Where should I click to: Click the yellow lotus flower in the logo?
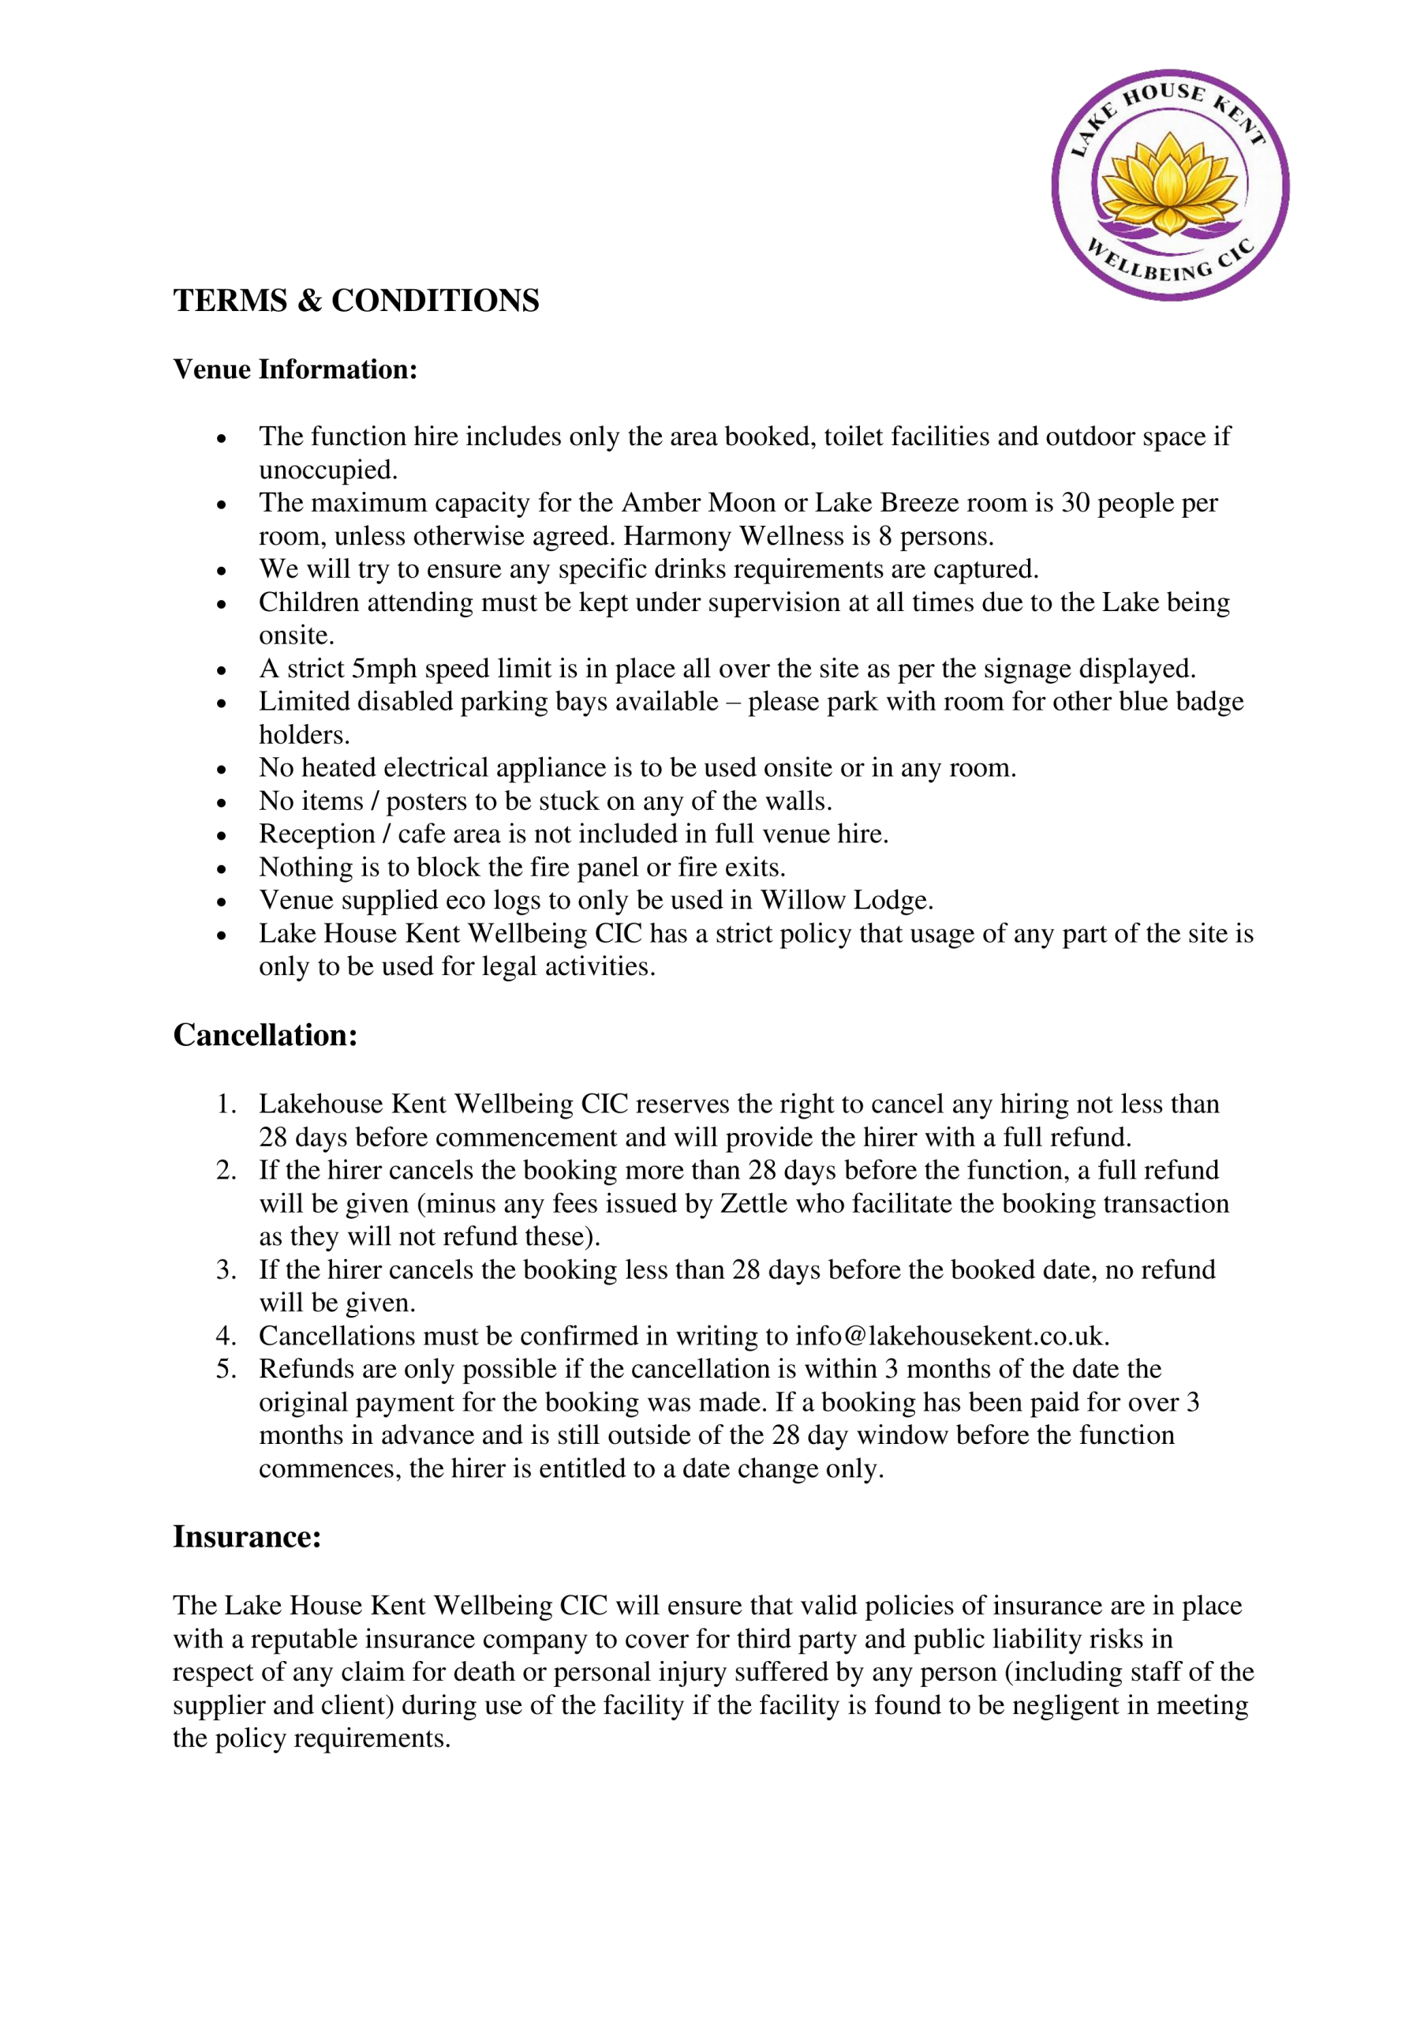coord(1169,183)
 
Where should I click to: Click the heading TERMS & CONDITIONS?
coord(356,300)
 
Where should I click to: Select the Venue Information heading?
coord(295,369)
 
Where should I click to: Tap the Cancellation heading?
coord(265,1035)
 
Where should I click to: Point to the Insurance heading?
coord(246,1536)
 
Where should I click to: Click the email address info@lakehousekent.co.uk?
coord(951,1337)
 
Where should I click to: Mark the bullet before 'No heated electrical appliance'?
coord(222,769)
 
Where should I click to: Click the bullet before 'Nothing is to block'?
coord(222,868)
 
